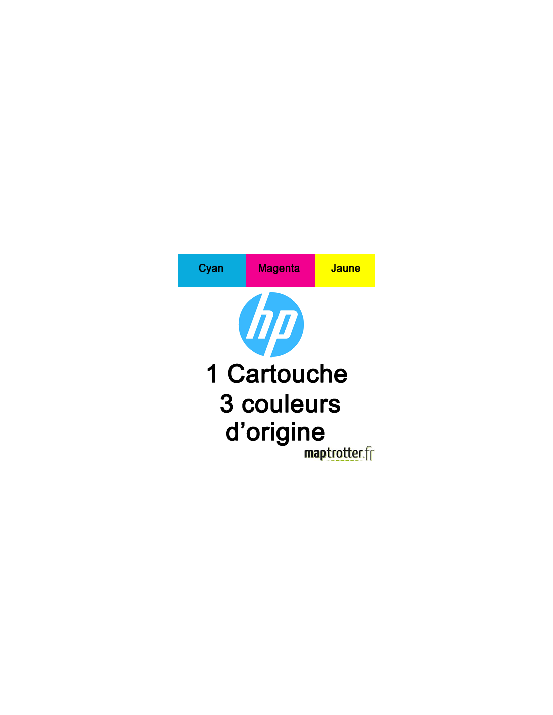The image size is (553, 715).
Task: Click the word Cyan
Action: [x=211, y=269]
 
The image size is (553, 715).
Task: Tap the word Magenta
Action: [x=279, y=269]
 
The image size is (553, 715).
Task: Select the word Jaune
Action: [x=345, y=269]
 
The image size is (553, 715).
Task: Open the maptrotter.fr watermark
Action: [x=339, y=454]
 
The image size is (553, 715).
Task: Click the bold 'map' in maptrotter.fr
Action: [x=315, y=454]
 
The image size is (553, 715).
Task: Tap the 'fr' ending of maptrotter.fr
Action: [x=370, y=453]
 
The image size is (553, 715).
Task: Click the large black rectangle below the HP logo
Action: [x=276, y=402]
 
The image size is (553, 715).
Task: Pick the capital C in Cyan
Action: [x=202, y=269]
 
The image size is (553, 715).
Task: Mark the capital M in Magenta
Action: [x=262, y=269]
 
